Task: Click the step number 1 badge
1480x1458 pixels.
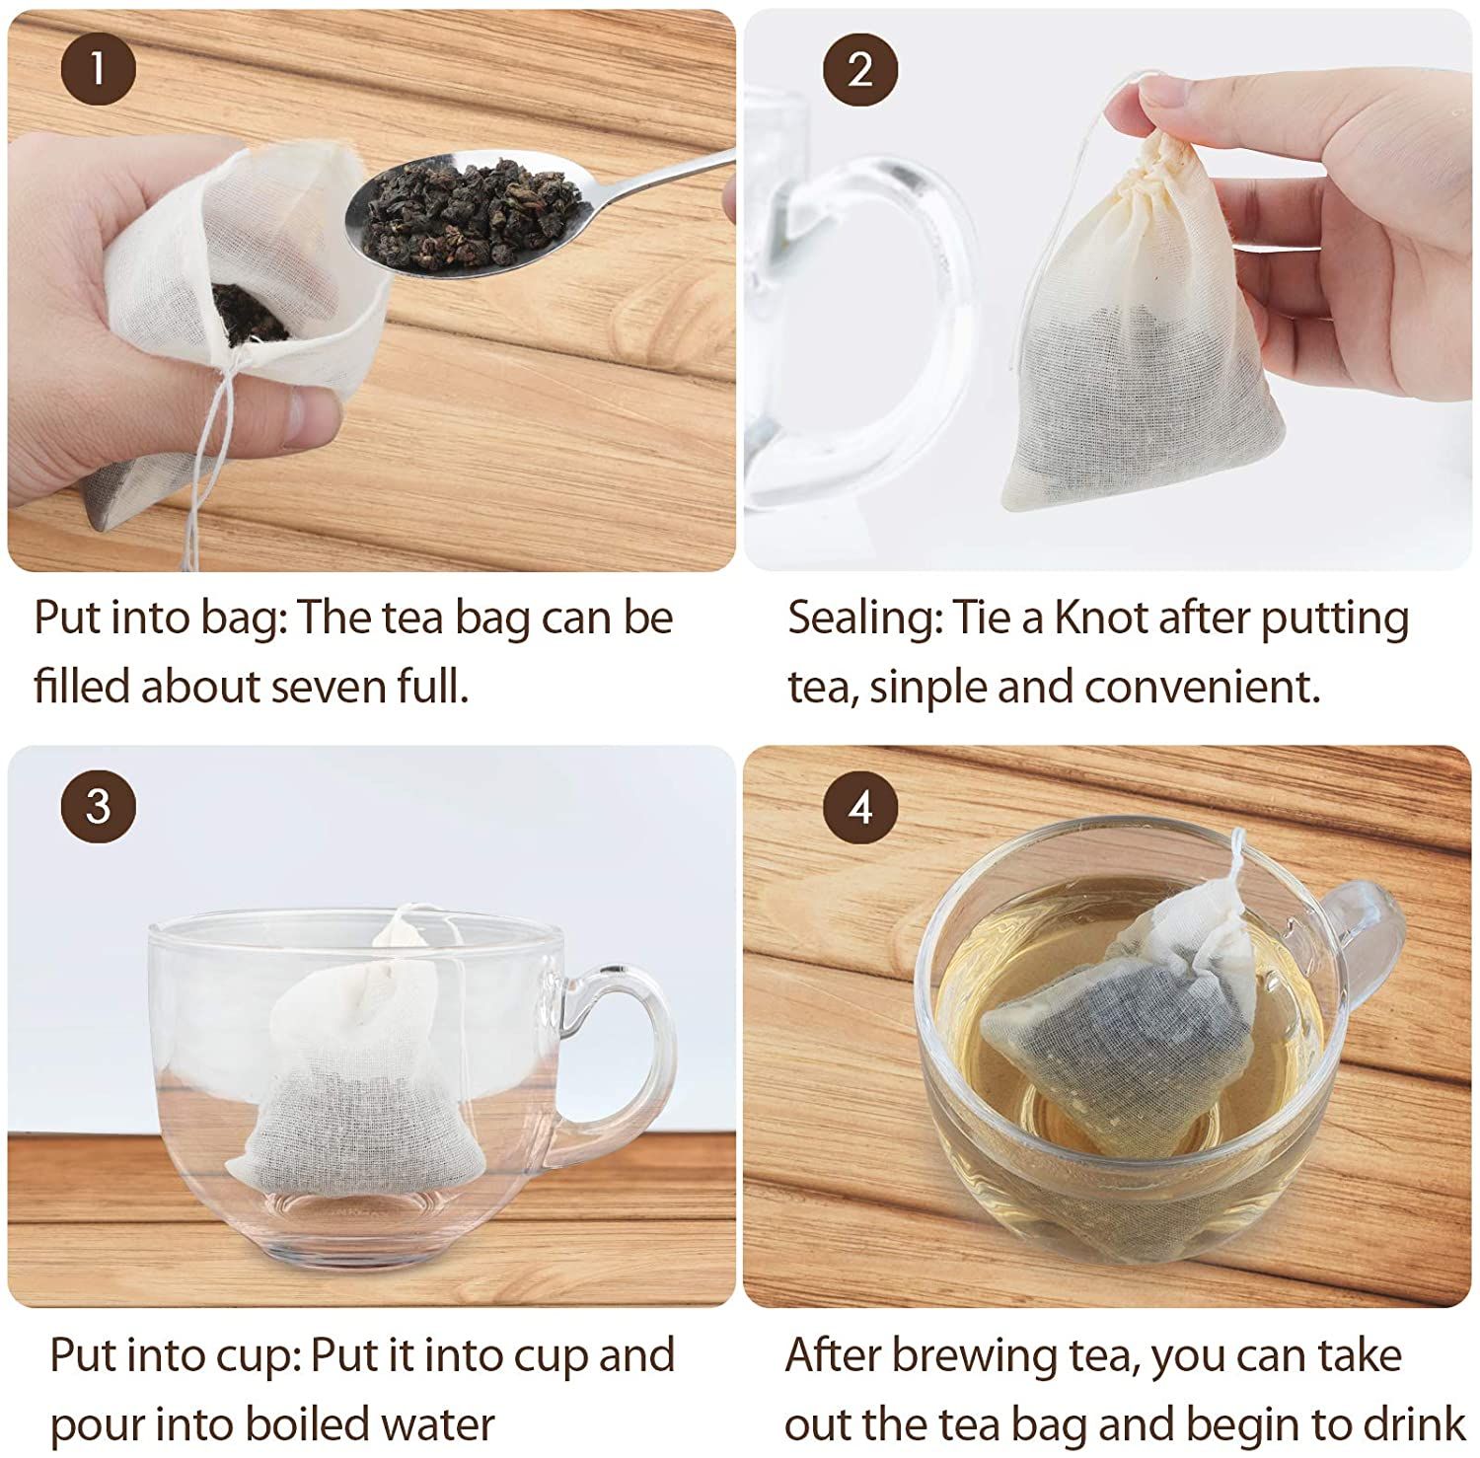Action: click(x=98, y=69)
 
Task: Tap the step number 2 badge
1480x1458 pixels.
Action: click(x=860, y=69)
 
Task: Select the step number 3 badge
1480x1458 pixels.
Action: click(x=98, y=806)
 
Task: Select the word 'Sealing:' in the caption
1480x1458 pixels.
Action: click(x=863, y=619)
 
